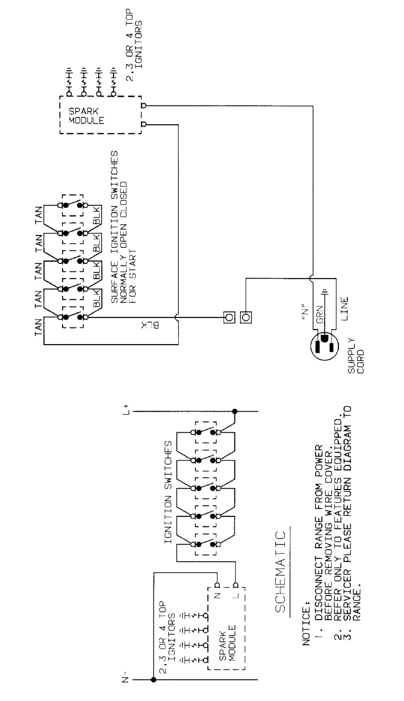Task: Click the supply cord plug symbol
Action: (324, 346)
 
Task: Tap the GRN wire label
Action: (320, 315)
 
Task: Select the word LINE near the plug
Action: (344, 309)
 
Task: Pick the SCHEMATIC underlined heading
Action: (280, 572)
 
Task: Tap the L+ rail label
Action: (126, 410)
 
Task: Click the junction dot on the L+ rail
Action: (234, 411)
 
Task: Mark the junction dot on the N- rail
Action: (154, 679)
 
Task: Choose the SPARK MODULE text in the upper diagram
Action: (86, 116)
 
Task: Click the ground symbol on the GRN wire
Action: (324, 293)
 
